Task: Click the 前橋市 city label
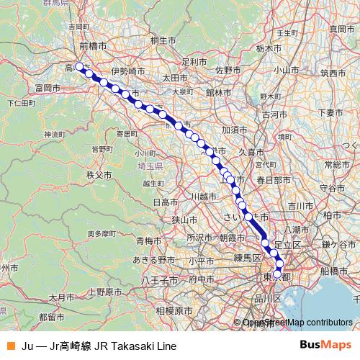click(93, 45)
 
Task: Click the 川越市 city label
click(204, 196)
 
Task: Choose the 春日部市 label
click(270, 179)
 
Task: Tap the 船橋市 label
click(333, 271)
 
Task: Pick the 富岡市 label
click(47, 87)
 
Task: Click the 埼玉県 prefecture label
click(150, 166)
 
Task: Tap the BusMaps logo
click(325, 345)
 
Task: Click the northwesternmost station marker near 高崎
click(79, 67)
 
